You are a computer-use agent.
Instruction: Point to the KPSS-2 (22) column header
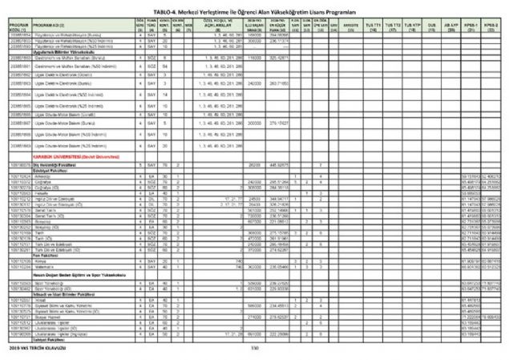(x=491, y=26)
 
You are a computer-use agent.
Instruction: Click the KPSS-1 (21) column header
(x=467, y=26)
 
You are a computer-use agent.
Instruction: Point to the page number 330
(x=256, y=347)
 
